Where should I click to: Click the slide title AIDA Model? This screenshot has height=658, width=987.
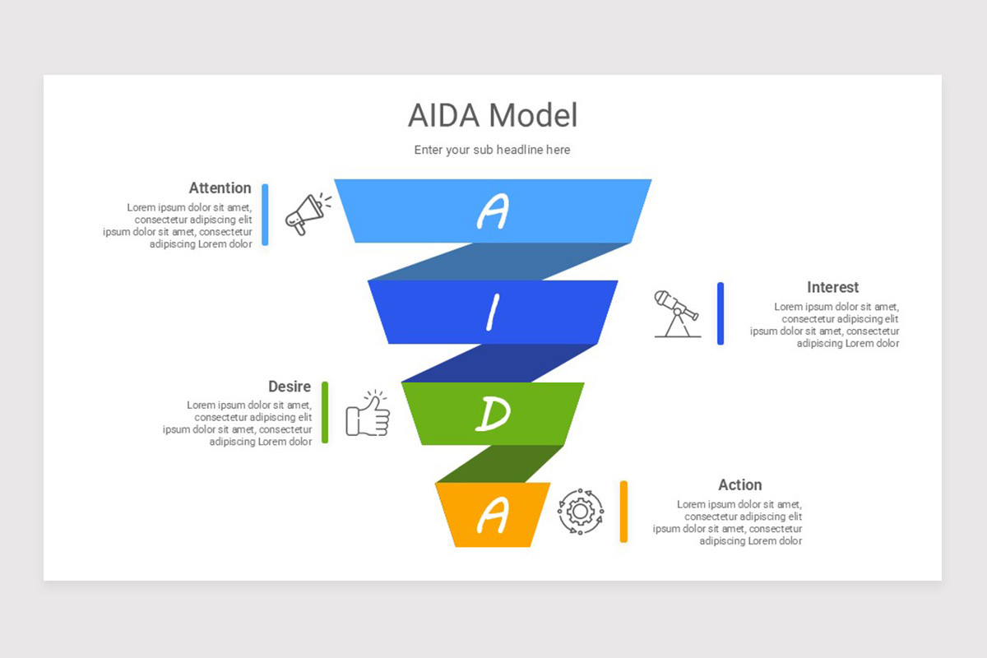pyautogui.click(x=493, y=116)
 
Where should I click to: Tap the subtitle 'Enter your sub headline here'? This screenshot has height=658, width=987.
pyautogui.click(x=492, y=150)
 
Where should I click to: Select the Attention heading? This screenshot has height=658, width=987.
pyautogui.click(x=220, y=188)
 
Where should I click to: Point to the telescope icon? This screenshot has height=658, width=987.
pyautogui.click(x=677, y=313)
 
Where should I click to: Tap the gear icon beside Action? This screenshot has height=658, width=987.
pyautogui.click(x=581, y=512)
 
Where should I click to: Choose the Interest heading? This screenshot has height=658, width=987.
pyautogui.click(x=832, y=287)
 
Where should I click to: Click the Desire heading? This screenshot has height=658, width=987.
pyautogui.click(x=290, y=387)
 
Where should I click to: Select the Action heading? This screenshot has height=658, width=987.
pyautogui.click(x=739, y=485)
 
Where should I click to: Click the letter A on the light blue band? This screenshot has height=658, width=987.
pyautogui.click(x=492, y=211)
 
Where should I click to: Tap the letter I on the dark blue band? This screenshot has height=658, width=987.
pyautogui.click(x=493, y=313)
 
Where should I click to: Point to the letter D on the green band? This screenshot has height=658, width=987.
pyautogui.click(x=492, y=414)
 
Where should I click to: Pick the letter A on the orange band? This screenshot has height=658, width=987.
pyautogui.click(x=492, y=515)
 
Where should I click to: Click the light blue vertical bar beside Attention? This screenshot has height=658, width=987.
pyautogui.click(x=265, y=214)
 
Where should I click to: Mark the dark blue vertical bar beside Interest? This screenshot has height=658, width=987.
pyautogui.click(x=721, y=313)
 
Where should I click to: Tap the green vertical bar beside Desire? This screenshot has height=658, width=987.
pyautogui.click(x=325, y=412)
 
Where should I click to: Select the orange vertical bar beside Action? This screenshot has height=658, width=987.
pyautogui.click(x=623, y=512)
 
